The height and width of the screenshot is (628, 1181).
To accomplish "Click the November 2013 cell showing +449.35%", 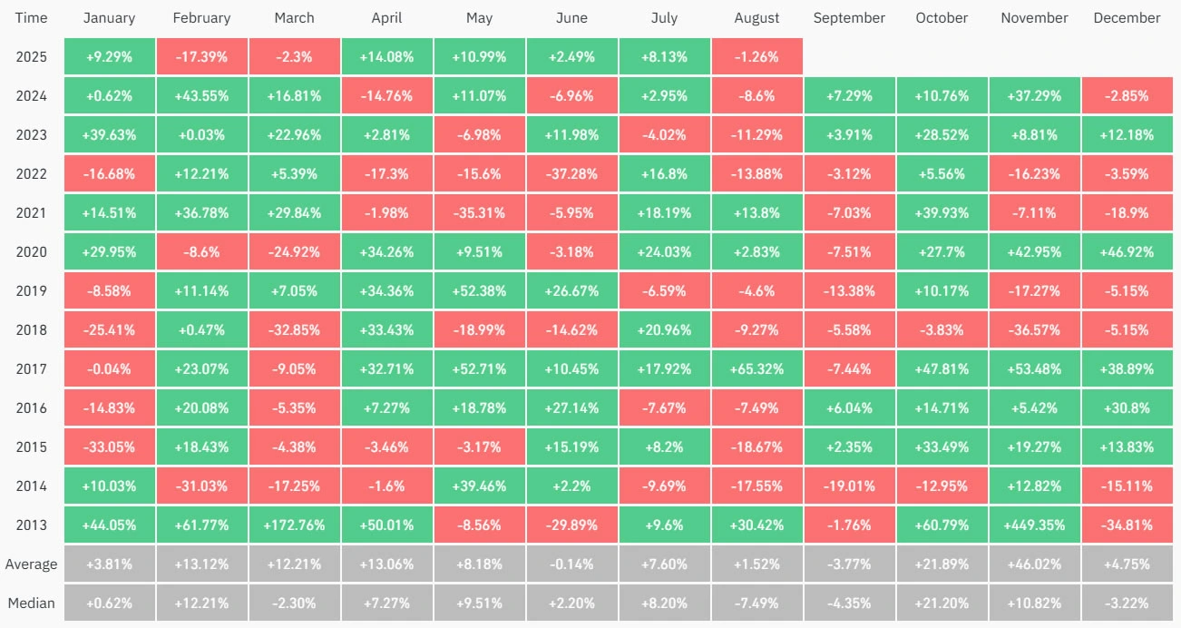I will tap(1034, 525).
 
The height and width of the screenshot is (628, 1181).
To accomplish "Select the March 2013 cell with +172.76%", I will tap(294, 525).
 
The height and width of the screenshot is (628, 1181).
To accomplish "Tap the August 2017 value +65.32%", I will tap(756, 368).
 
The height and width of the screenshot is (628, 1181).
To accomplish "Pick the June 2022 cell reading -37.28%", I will tap(571, 173).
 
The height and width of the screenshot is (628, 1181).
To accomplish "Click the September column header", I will tap(849, 18).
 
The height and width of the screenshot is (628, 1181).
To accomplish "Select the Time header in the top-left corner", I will tap(31, 18).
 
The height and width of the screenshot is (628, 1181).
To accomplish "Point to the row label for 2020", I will tap(31, 251).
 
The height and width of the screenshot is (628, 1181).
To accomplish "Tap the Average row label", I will tap(31, 564).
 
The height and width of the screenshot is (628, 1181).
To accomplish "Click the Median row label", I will tap(31, 603).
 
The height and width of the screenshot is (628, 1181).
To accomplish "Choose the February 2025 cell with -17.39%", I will tap(201, 56).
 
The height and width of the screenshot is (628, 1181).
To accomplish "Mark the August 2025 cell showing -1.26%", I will tap(756, 56).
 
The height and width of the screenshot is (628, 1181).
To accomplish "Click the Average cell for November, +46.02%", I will tap(1034, 564).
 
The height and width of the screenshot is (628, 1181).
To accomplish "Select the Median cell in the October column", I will tap(942, 603).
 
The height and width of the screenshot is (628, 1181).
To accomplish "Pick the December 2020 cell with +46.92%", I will tap(1127, 251).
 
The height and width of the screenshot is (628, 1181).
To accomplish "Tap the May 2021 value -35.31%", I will tap(479, 212).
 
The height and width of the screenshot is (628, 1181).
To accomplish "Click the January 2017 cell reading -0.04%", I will tap(109, 368).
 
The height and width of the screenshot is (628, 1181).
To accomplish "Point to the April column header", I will tap(386, 18).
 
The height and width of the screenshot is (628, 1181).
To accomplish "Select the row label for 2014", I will tap(31, 486).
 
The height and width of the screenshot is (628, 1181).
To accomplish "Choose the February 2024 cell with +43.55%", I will tap(201, 95).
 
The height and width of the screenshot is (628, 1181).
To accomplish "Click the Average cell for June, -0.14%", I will tap(571, 564).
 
